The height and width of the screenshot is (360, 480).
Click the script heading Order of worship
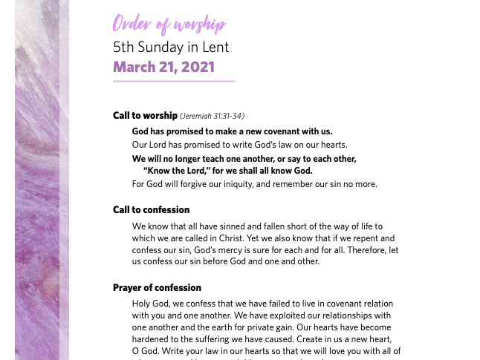[x=169, y=24]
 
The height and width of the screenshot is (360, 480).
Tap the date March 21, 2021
[x=163, y=67]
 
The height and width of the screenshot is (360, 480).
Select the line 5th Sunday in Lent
[x=171, y=47]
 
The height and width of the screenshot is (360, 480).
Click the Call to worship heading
[x=145, y=115]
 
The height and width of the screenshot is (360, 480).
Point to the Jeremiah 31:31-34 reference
[x=213, y=116]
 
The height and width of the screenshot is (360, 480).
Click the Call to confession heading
[x=151, y=209]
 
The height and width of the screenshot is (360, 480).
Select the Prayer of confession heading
[x=157, y=287]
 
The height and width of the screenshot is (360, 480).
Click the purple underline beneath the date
[x=174, y=81]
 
